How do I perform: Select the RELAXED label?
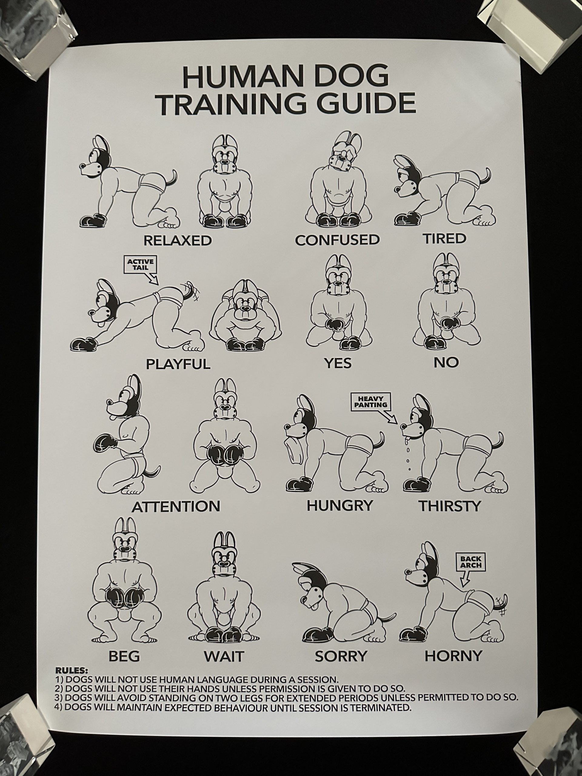click(x=178, y=241)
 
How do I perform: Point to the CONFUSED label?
click(x=337, y=240)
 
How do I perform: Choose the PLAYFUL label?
click(x=178, y=364)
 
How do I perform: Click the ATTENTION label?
click(x=176, y=507)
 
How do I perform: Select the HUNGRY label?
click(x=339, y=506)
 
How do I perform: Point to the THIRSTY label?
click(x=450, y=506)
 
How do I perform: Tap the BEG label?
click(x=124, y=656)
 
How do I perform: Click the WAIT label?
click(x=224, y=656)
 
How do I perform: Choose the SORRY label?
click(x=341, y=655)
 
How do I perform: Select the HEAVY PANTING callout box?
click(x=370, y=402)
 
